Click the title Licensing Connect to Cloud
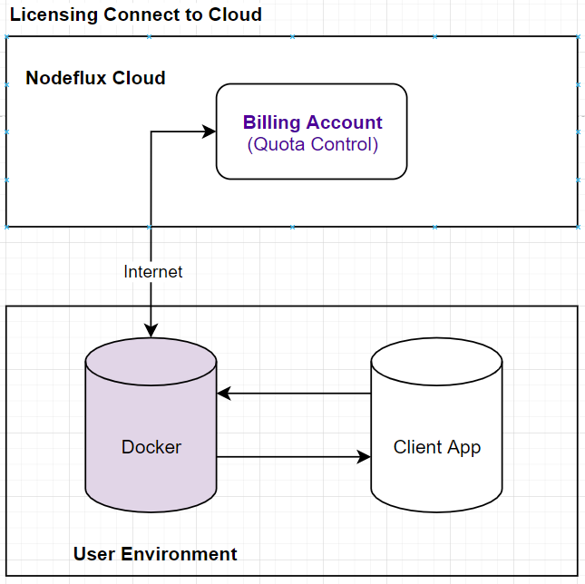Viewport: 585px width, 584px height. click(x=136, y=15)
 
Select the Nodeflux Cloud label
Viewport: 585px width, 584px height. click(x=95, y=78)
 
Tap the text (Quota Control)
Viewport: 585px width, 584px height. click(x=312, y=144)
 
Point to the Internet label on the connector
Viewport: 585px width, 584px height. click(x=152, y=272)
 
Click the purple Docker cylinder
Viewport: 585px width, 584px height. click(x=151, y=481)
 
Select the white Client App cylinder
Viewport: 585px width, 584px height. click(x=436, y=481)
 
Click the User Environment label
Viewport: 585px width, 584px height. click(x=155, y=554)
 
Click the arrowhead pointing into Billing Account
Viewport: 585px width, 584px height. click(x=210, y=131)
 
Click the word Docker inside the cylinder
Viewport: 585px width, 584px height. click(x=151, y=447)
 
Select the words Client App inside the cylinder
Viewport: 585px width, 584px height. click(x=436, y=447)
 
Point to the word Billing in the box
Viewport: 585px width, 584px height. click(x=272, y=122)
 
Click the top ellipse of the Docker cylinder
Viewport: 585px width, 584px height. click(x=151, y=354)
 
